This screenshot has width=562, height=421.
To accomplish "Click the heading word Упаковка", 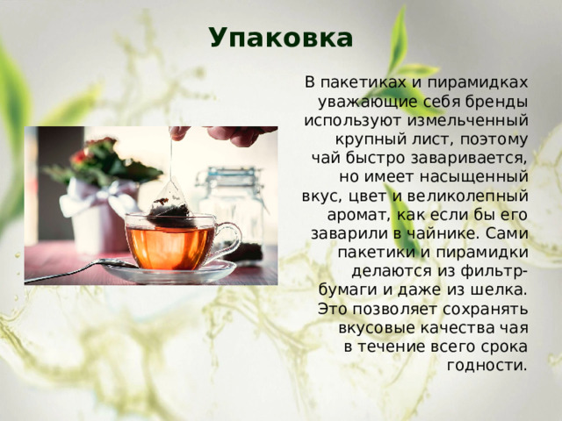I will coord(281,39).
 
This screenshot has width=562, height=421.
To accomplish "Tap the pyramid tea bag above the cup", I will coord(171,207).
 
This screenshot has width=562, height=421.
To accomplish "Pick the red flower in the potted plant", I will coord(81,157).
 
